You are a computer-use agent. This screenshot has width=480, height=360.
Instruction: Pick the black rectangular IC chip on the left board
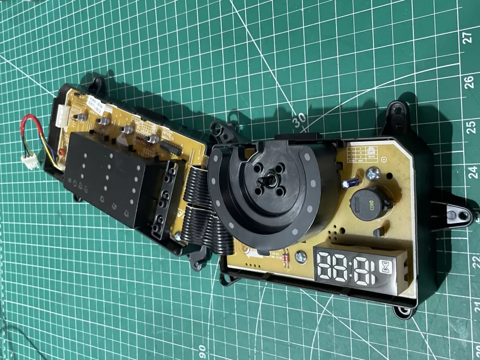click(171, 148)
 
